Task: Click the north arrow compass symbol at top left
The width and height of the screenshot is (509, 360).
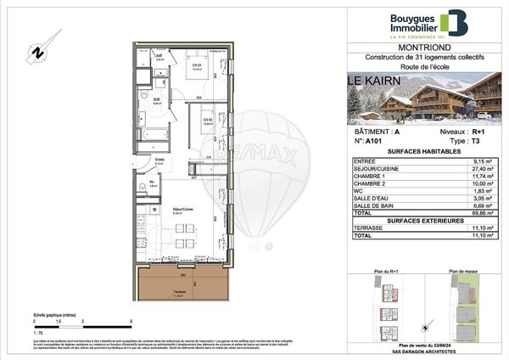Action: tap(37, 52)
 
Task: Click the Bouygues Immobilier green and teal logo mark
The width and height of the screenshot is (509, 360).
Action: tap(457, 25)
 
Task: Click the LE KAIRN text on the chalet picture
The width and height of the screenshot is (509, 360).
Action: tap(373, 82)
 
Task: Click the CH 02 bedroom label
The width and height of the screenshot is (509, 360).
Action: tap(207, 120)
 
